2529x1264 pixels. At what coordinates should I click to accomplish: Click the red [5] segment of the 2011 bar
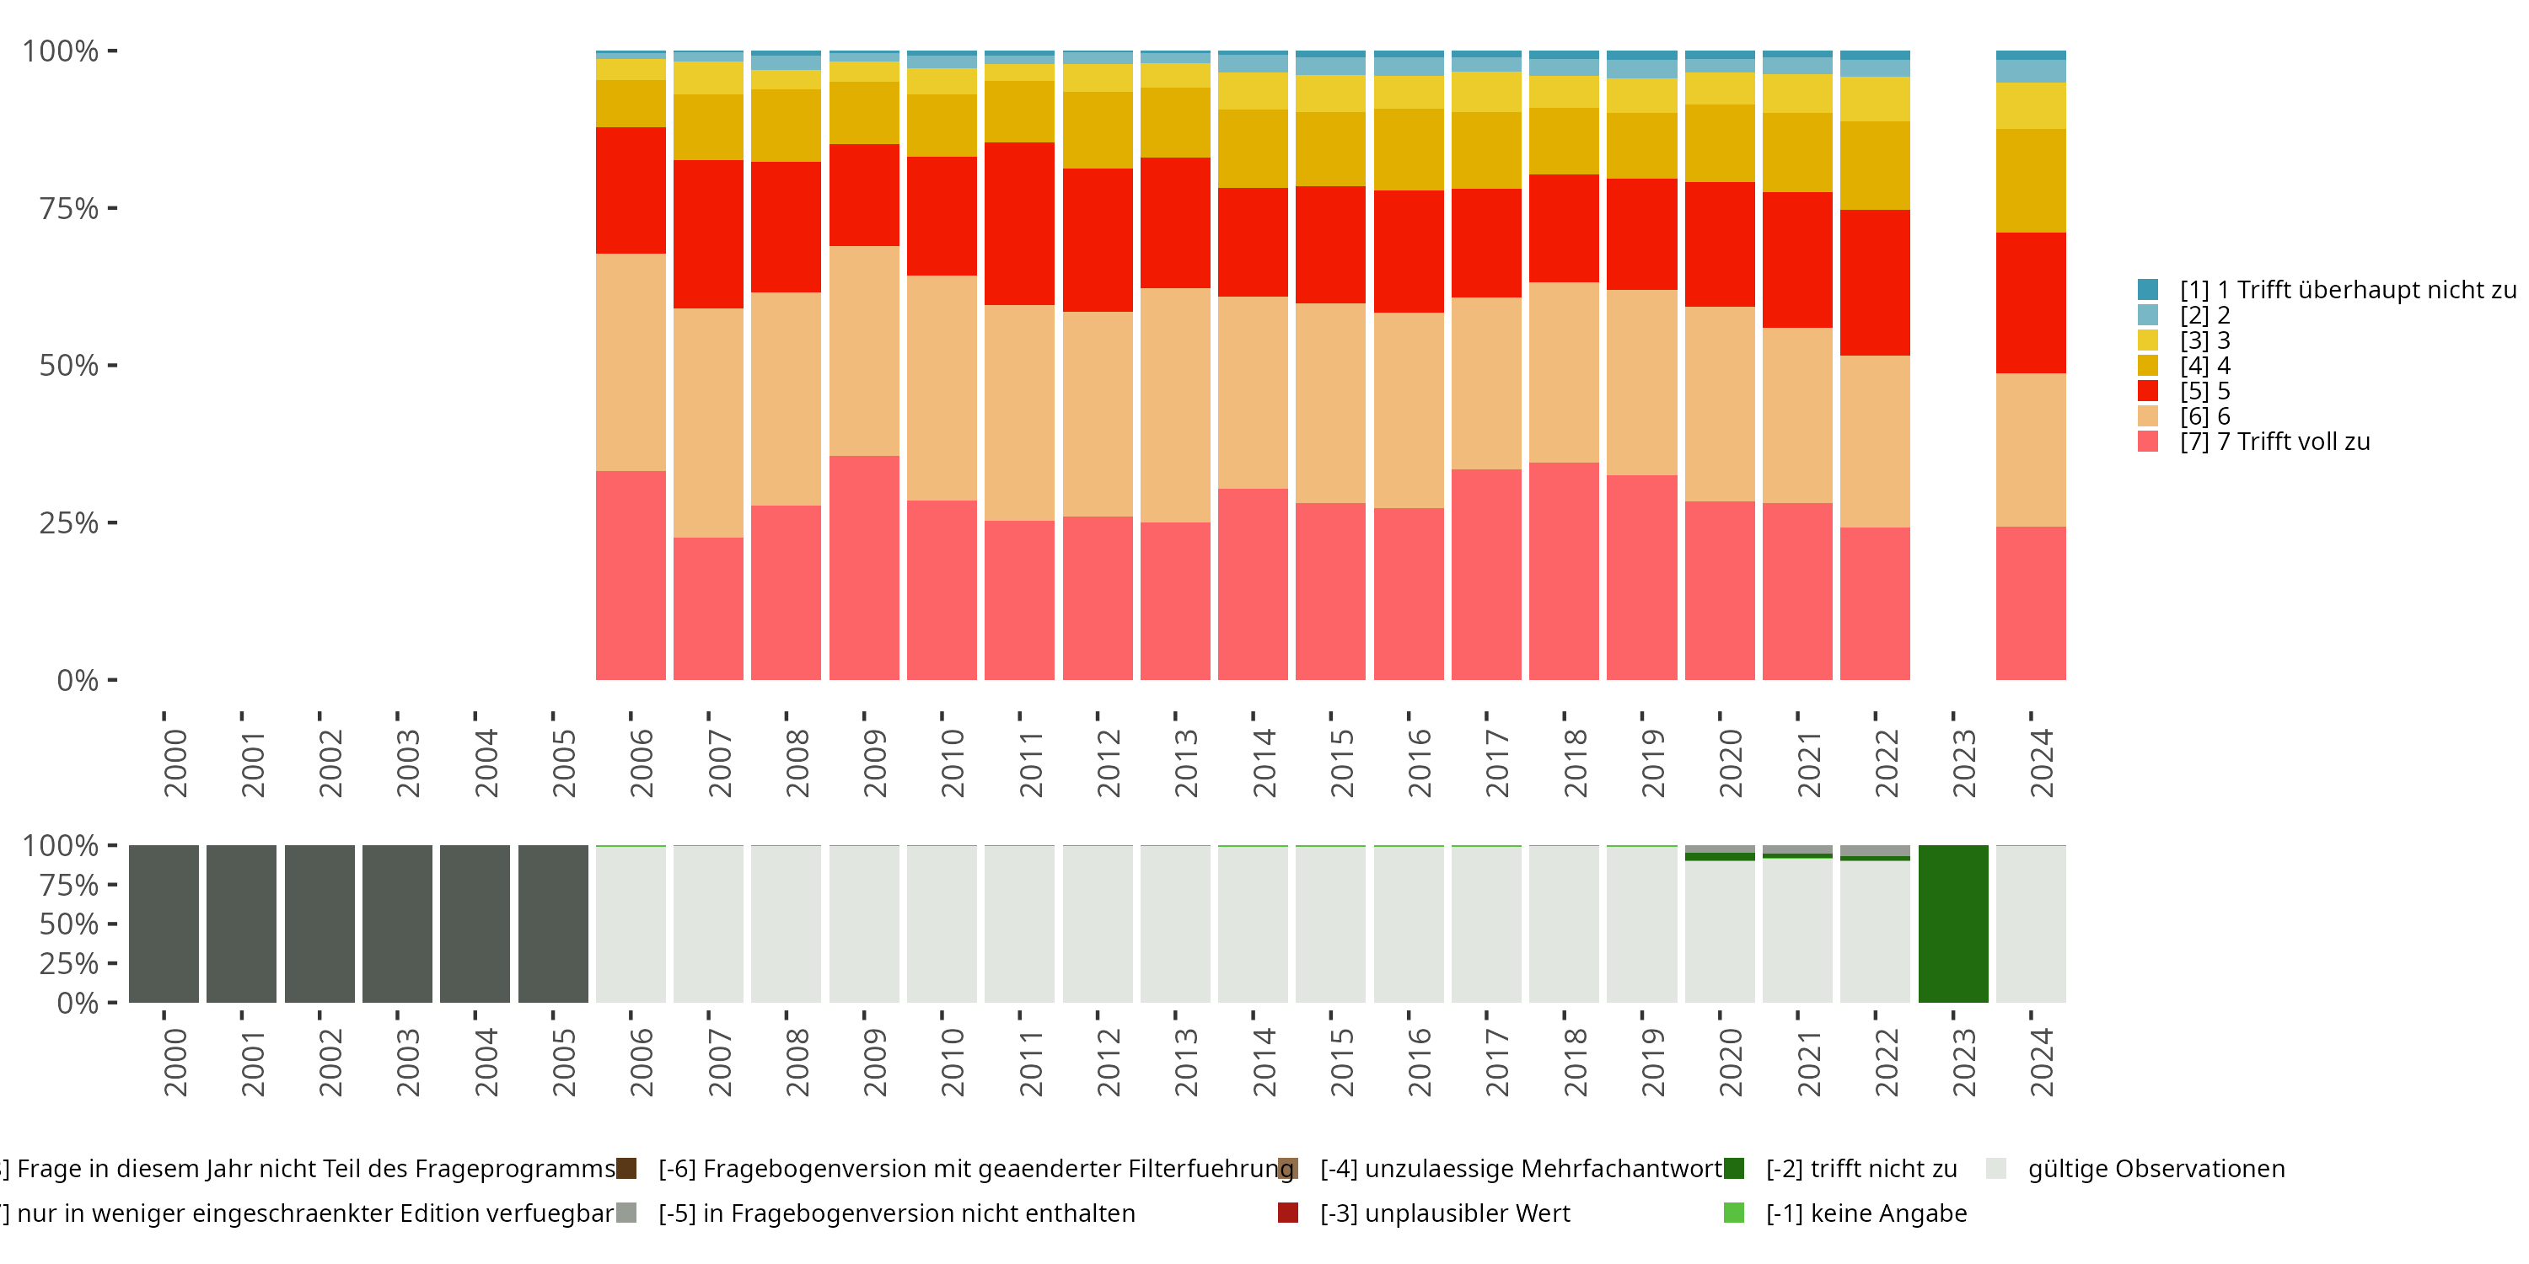[1019, 224]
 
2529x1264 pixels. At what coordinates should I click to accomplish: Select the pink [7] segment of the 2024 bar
[2030, 603]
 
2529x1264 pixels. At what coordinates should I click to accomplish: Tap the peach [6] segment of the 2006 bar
[631, 362]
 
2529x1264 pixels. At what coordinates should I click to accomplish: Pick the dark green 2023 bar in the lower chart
[1952, 924]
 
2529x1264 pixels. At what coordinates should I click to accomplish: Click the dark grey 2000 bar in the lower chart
[163, 924]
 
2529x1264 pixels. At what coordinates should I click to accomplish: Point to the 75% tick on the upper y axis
[112, 208]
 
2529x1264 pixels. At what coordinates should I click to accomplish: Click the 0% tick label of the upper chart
[78, 680]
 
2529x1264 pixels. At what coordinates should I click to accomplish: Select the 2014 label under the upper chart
[1264, 763]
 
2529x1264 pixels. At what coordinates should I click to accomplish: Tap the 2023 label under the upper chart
[1963, 763]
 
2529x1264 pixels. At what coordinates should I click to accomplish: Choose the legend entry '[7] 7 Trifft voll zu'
[2274, 442]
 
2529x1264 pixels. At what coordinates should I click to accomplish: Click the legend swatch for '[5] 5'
[2148, 391]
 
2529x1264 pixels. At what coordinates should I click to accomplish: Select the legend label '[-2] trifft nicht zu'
[1861, 1169]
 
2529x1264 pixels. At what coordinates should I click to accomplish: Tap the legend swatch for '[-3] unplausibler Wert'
[1288, 1213]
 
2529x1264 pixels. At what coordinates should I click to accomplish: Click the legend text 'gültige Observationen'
[2156, 1169]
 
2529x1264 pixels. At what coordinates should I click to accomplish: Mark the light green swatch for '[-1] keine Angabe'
[1734, 1213]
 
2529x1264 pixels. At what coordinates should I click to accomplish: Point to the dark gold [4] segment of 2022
[1874, 165]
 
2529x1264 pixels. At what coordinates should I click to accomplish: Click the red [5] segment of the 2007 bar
[708, 233]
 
